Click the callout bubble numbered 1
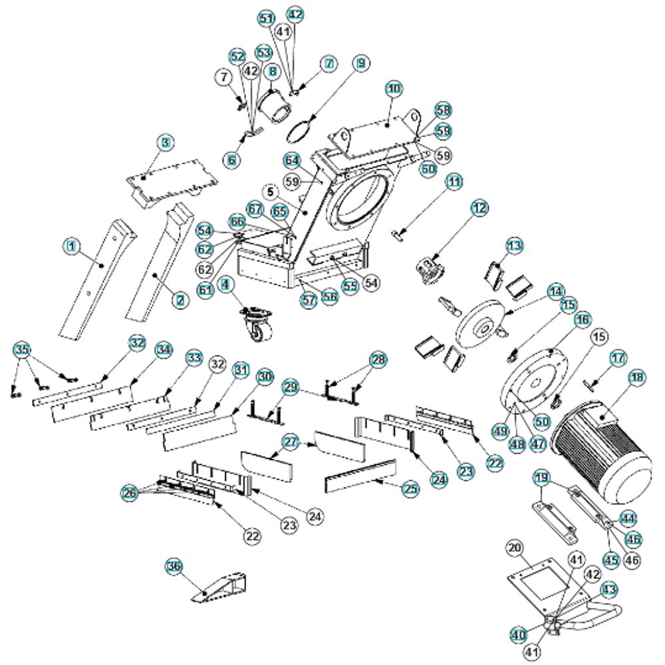click(73, 247)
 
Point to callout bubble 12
click(479, 208)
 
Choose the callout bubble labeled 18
click(637, 377)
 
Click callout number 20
click(513, 547)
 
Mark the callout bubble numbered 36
click(174, 566)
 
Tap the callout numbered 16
click(583, 320)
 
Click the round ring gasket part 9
click(301, 130)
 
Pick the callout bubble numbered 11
click(454, 181)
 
